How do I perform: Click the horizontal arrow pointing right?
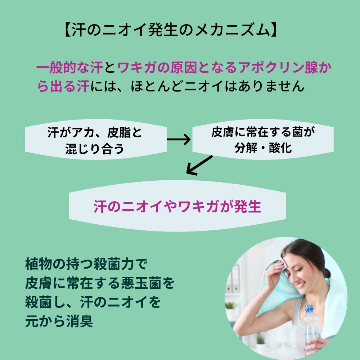click(x=179, y=139)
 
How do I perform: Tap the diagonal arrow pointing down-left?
click(x=200, y=166)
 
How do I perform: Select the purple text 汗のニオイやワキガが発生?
click(x=177, y=206)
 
